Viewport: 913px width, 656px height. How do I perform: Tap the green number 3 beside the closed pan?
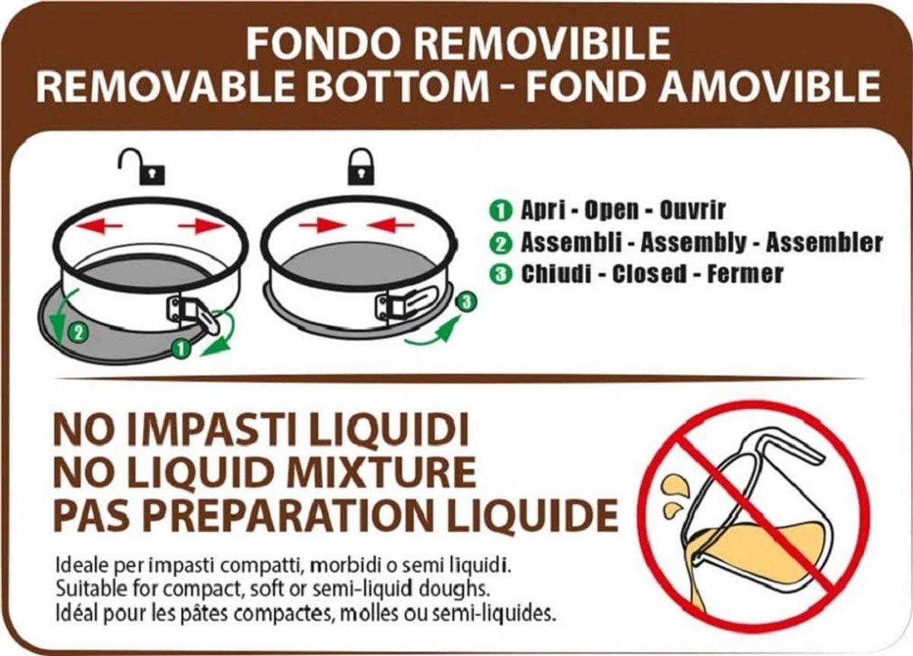pyautogui.click(x=466, y=302)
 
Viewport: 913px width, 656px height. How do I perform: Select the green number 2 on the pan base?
pyautogui.click(x=78, y=333)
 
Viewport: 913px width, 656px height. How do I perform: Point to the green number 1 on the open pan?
pyautogui.click(x=181, y=349)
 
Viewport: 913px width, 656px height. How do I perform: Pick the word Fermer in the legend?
pyautogui.click(x=745, y=274)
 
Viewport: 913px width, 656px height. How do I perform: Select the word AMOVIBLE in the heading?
pyautogui.click(x=769, y=87)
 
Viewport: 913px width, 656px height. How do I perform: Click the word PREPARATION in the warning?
pyautogui.click(x=293, y=515)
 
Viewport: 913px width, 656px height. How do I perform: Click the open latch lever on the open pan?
pyautogui.click(x=208, y=322)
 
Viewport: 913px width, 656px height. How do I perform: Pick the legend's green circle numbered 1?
pyautogui.click(x=501, y=211)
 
